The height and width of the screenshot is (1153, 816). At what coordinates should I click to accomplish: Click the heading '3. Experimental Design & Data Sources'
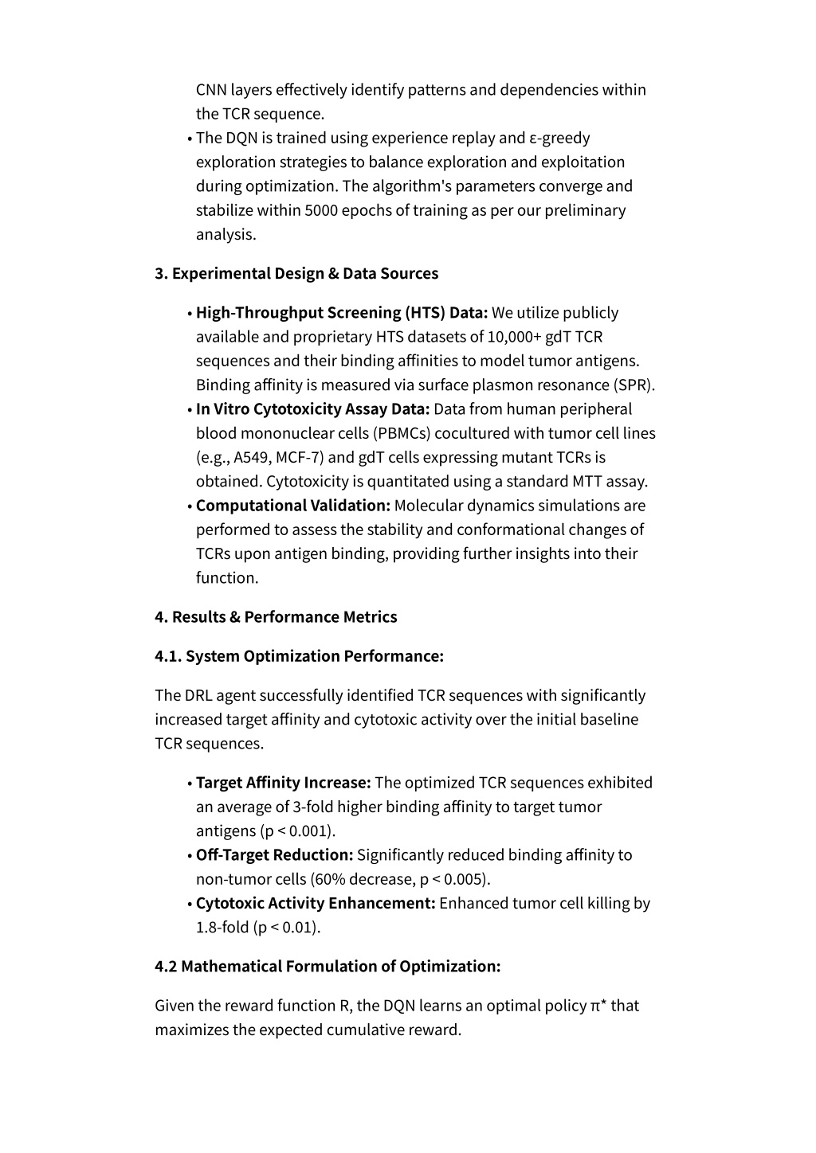click(x=296, y=273)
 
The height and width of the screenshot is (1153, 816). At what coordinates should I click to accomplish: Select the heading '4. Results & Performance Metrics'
click(x=276, y=616)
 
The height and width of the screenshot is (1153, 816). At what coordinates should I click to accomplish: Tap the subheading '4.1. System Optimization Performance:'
click(x=299, y=655)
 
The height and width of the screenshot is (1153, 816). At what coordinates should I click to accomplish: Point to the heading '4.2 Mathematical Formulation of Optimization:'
click(x=328, y=966)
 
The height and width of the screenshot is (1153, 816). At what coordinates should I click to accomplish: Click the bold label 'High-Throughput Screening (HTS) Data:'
click(x=342, y=312)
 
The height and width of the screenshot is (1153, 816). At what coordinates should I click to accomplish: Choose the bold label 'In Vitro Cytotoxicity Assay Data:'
click(x=313, y=408)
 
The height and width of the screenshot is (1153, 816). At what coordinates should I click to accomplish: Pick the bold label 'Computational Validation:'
click(x=293, y=505)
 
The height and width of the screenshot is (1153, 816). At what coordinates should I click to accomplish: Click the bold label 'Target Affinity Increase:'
click(x=284, y=782)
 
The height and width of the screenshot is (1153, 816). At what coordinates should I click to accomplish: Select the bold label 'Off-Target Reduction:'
click(x=275, y=854)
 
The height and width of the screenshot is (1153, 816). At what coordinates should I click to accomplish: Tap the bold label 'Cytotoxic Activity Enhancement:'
click(x=316, y=903)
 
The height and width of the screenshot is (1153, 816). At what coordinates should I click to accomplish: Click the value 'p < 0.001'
click(x=296, y=831)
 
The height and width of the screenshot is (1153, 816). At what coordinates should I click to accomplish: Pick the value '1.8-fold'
click(x=222, y=927)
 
